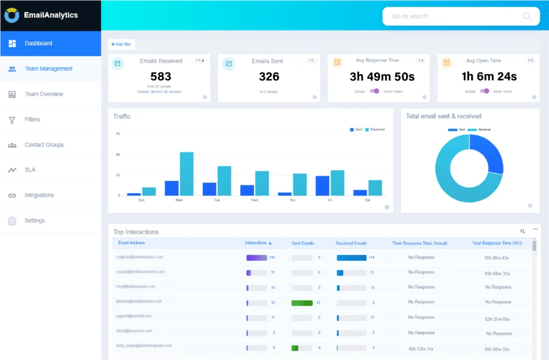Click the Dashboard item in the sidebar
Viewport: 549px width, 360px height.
(x=38, y=43)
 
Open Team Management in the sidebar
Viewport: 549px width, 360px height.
(x=48, y=69)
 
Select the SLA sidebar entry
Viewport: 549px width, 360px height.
(x=30, y=170)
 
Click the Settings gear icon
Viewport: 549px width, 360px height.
(x=12, y=221)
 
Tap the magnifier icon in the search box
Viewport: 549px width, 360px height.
(x=527, y=16)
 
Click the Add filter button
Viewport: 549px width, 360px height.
(x=121, y=44)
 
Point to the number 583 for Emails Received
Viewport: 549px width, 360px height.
(x=161, y=77)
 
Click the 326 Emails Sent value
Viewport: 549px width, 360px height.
(x=269, y=77)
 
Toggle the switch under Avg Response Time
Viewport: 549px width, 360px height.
(x=374, y=91)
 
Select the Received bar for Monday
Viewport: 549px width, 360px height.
(x=187, y=174)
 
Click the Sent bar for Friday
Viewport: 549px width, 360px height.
(x=322, y=186)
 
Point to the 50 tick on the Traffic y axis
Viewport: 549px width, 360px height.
(x=118, y=155)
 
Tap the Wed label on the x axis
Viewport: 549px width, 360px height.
(x=255, y=200)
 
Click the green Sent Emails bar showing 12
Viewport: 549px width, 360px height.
(x=302, y=303)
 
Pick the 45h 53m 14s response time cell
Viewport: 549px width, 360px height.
(x=421, y=348)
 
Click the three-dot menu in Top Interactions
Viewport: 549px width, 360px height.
(x=535, y=230)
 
